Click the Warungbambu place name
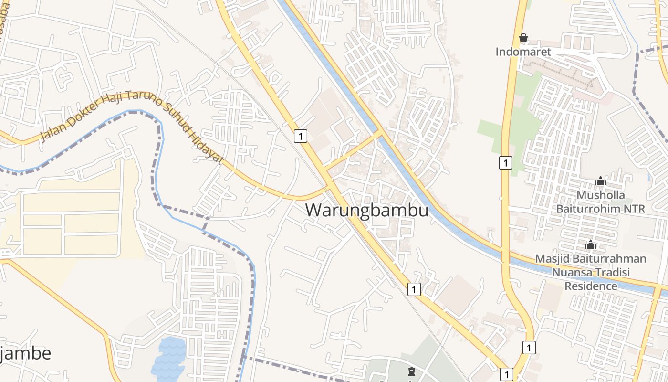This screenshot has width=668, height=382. tap(366, 210)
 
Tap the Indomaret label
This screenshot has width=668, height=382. tap(523, 52)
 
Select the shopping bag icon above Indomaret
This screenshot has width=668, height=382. tap(523, 38)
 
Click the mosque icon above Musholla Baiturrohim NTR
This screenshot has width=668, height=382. tap(601, 181)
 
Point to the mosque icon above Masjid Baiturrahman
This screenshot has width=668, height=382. tap(591, 244)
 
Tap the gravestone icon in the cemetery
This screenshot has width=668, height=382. tap(411, 371)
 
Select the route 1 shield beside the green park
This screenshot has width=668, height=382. tap(505, 162)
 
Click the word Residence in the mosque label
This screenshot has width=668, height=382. tap(591, 286)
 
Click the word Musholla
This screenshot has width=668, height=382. tap(601, 195)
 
